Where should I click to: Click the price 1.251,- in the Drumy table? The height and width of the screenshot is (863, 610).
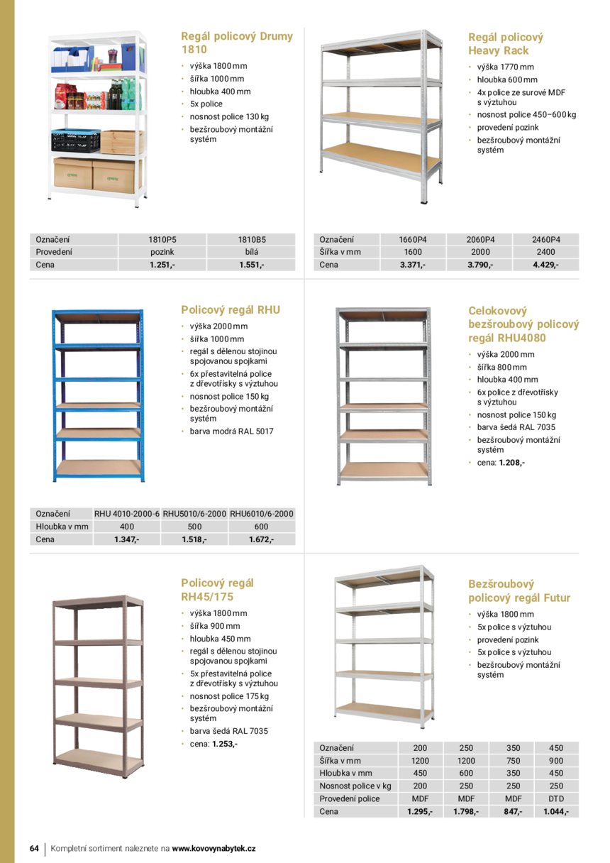pos(162,265)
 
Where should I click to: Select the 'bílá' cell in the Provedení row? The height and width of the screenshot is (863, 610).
pos(251,252)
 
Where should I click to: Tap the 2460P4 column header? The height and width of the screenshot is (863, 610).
pos(545,240)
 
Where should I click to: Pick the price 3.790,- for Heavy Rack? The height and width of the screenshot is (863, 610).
pos(480,265)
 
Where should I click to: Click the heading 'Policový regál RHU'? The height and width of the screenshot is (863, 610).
pos(231,310)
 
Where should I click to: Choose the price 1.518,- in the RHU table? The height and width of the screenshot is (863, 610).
pos(194,539)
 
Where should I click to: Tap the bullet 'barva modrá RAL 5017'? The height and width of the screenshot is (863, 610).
pos(231,431)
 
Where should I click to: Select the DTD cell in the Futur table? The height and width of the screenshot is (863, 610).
pos(555,798)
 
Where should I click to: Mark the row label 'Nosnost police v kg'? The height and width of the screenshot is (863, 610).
pos(355,786)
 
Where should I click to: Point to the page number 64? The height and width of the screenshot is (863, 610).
pos(34,848)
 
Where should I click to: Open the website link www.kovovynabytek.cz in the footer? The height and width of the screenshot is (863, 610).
pos(213,848)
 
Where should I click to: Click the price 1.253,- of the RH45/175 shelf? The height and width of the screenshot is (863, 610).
pos(224,744)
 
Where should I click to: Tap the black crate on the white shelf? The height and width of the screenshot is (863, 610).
pos(74,141)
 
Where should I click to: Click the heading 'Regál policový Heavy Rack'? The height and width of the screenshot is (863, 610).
pos(506,44)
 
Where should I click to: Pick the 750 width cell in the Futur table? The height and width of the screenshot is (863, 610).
pos(513,760)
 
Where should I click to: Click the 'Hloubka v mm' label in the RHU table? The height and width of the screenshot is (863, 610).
pos(62,527)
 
